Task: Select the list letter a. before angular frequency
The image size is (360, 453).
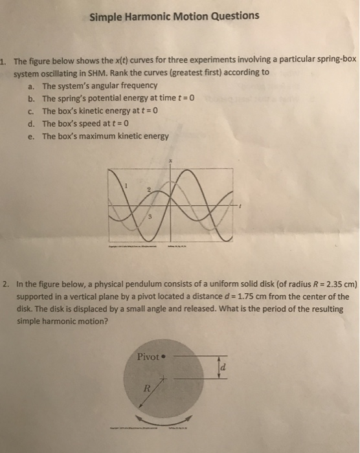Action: point(32,85)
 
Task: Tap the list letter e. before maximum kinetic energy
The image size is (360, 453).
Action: point(32,136)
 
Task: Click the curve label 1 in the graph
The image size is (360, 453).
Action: point(127,184)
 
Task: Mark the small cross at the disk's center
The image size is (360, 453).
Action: point(165,378)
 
